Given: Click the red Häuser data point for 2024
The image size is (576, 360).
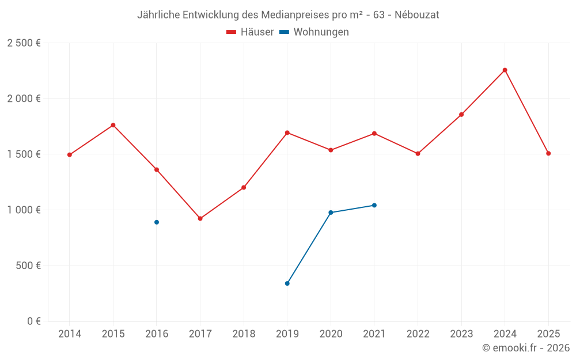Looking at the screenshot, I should [x=505, y=70].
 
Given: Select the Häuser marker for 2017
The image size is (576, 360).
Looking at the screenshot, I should [x=200, y=219].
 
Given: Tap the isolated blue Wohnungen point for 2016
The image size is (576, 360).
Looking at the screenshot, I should [x=157, y=222].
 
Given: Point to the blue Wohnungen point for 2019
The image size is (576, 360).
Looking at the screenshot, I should [x=287, y=283].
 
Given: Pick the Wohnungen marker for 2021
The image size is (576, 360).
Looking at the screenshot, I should [x=374, y=206].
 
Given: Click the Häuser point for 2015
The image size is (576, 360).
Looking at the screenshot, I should [x=113, y=125].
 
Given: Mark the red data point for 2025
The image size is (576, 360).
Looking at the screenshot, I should [x=548, y=154].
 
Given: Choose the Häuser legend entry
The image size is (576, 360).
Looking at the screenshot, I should [x=251, y=32].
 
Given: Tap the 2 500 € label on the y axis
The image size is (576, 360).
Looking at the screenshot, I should [x=24, y=43].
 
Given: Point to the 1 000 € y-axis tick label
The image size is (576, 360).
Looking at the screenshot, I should [x=24, y=210].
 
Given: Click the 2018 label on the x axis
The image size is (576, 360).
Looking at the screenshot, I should [x=244, y=334].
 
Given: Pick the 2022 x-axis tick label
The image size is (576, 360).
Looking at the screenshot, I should [x=418, y=334].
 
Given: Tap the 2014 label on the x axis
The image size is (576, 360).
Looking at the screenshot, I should [x=70, y=334].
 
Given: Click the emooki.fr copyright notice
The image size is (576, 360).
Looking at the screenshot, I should [x=525, y=348].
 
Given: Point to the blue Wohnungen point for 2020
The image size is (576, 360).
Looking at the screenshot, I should [x=331, y=213].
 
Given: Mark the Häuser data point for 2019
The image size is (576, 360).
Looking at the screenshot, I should [x=287, y=132].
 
